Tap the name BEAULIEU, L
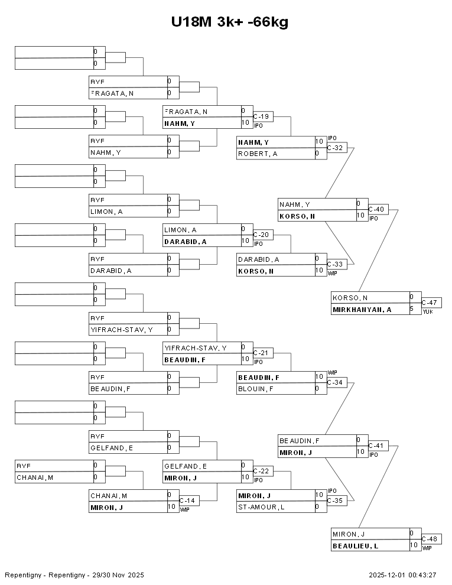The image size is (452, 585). (x=355, y=546)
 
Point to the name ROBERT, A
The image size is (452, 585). (x=258, y=154)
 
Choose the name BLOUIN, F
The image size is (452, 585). (x=255, y=389)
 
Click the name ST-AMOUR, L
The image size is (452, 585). (x=261, y=507)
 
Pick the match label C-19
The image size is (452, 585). (x=261, y=116)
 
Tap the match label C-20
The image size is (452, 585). (x=261, y=235)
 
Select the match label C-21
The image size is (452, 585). (x=261, y=353)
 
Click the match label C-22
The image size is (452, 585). (x=261, y=471)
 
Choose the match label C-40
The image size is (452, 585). (x=376, y=209)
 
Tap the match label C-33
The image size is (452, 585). (x=335, y=264)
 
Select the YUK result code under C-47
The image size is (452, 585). (x=427, y=311)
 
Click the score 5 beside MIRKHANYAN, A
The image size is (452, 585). (x=412, y=309)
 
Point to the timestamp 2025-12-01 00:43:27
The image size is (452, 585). (x=402, y=575)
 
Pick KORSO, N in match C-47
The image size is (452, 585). (x=350, y=298)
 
